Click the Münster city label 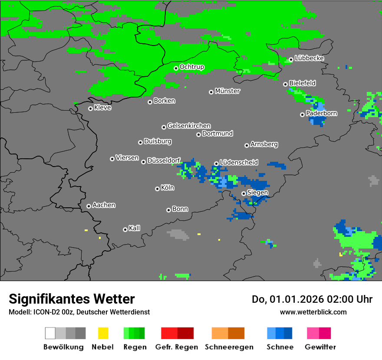click(x=227, y=91)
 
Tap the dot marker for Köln click(x=157, y=189)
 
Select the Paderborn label click(x=322, y=113)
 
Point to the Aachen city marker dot click(x=89, y=206)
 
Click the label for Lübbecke click(x=310, y=58)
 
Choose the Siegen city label click(x=257, y=193)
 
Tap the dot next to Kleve click(x=90, y=108)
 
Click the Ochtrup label click(x=192, y=67)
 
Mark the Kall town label click(x=135, y=228)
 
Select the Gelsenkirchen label click(x=189, y=126)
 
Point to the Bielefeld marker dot click(x=286, y=84)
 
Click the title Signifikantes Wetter click(x=72, y=299)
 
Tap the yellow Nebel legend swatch click(x=103, y=333)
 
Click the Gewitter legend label click(x=320, y=347)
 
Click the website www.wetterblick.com click(x=313, y=312)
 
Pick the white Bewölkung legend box click(x=50, y=333)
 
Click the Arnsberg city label click(x=264, y=144)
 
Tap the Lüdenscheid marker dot click(x=216, y=164)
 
